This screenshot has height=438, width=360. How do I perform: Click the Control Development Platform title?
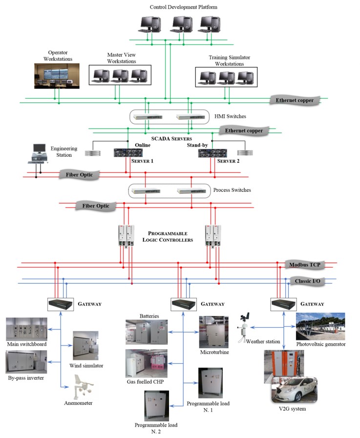[x=183, y=7]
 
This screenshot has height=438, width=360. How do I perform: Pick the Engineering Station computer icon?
[x=38, y=153]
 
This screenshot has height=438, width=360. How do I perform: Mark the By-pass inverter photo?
[x=27, y=362]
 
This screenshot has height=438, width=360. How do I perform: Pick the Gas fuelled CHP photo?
[x=147, y=363]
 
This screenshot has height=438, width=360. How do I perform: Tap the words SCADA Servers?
[x=164, y=139]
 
